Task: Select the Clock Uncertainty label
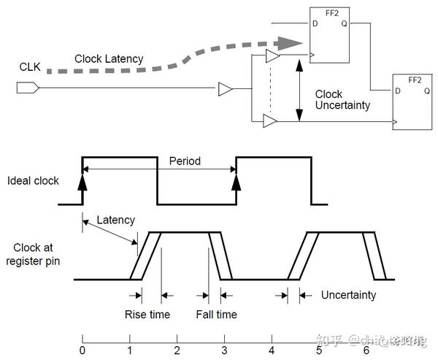tap(342, 100)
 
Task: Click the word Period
tap(185, 161)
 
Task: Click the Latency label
tap(116, 220)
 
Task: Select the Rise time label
tap(147, 315)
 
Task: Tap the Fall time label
tap(216, 315)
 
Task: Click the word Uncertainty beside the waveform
tap(348, 295)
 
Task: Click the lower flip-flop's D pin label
tap(397, 91)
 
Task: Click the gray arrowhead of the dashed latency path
tap(293, 41)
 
